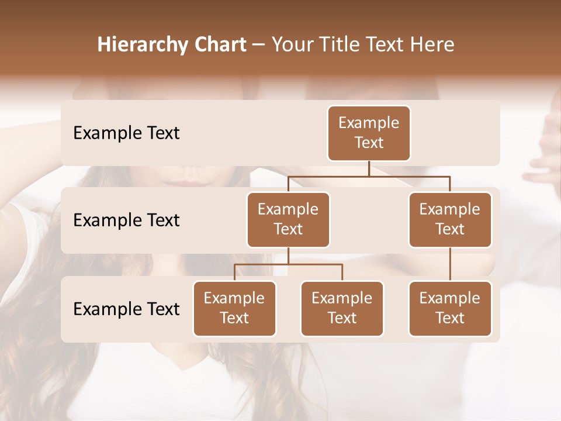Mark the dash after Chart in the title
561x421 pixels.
[258, 45]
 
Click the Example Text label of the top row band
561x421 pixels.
[126, 133]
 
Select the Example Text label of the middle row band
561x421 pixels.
[126, 220]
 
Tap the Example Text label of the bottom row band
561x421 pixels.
[126, 309]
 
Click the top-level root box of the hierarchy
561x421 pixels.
[369, 133]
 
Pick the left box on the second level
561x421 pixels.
[288, 219]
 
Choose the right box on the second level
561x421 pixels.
[450, 219]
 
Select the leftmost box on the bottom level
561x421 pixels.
[234, 308]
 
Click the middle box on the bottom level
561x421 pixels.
[342, 308]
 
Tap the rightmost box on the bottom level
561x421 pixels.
[450, 308]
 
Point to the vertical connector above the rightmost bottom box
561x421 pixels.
[450, 264]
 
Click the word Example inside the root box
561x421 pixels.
[369, 123]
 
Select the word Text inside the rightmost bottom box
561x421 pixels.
[450, 318]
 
